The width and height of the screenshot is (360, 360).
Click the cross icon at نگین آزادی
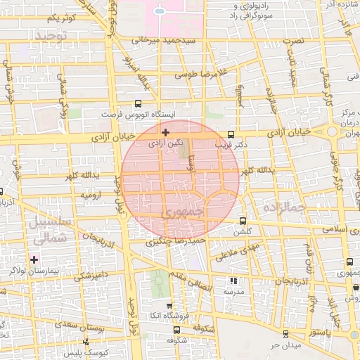click(165, 132)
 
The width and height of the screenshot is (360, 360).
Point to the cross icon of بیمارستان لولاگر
click(34, 260)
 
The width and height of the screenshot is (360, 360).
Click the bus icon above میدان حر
click(285, 334)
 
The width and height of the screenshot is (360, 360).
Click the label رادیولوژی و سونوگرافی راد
click(258, 10)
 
